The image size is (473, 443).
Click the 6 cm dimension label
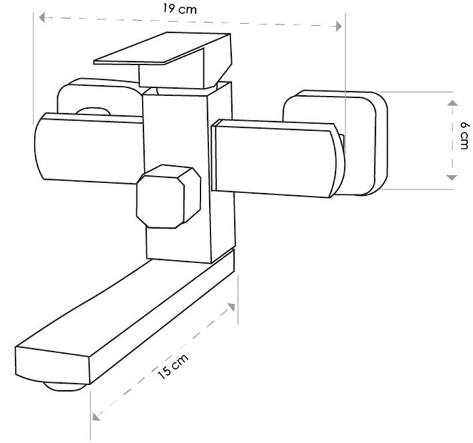[463, 139]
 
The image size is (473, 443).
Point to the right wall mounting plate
[363, 143]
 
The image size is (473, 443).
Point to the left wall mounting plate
[100, 97]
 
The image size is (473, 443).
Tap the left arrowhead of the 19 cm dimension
[42, 19]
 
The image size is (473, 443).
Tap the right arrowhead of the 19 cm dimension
[340, 26]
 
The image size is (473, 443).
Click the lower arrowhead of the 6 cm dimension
[451, 177]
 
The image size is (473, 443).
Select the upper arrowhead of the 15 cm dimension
[232, 307]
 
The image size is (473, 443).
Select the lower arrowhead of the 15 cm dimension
[96, 416]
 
